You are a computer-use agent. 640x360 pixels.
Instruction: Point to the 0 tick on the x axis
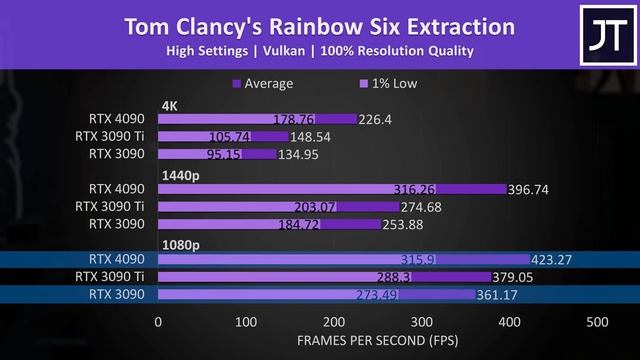158,322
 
